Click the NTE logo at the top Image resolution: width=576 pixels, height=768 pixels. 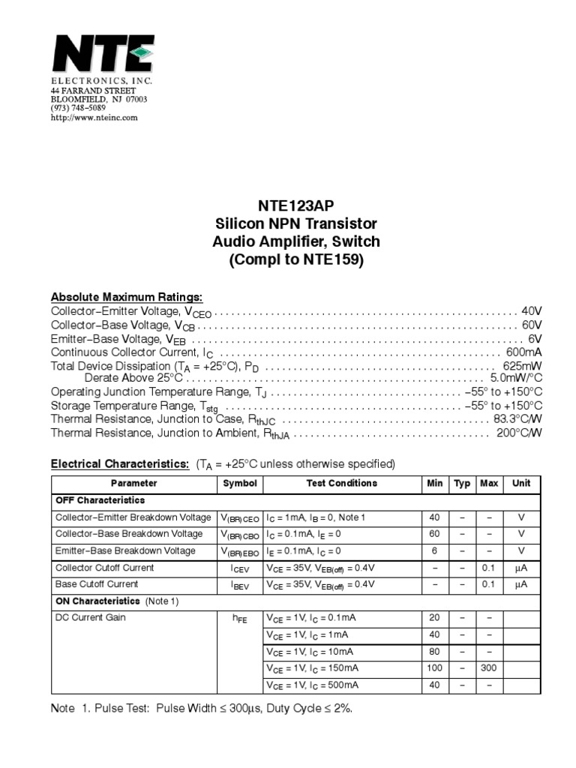(102, 53)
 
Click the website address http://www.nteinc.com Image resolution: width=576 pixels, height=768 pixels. (94, 118)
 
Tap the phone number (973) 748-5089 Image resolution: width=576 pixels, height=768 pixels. (79, 109)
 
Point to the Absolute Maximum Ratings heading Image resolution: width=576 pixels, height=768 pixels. (126, 297)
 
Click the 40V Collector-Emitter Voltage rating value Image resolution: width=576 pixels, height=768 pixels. (531, 311)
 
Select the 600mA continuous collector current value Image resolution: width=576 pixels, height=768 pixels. (524, 352)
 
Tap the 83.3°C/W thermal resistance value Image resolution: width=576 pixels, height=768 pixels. (517, 419)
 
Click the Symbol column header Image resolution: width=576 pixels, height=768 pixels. (240, 484)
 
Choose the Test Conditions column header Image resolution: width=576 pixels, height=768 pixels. (342, 484)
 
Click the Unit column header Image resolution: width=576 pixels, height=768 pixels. (521, 484)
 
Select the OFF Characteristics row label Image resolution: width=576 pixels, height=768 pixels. (100, 500)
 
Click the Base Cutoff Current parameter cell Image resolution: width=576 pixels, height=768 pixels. (97, 584)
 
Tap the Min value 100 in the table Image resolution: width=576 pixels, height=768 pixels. (435, 668)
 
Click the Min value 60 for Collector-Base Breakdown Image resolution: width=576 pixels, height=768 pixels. (435, 534)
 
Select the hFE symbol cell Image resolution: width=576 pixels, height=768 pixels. (240, 619)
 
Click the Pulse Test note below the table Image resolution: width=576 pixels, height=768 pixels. (201, 708)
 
